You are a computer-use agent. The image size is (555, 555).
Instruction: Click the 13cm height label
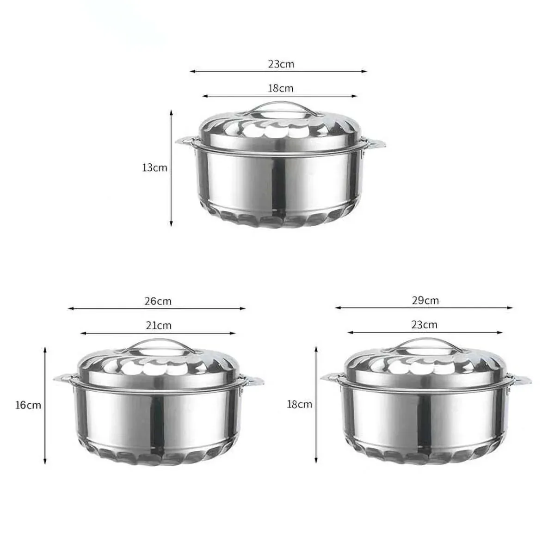click(154, 167)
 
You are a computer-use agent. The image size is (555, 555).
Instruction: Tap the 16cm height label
click(28, 405)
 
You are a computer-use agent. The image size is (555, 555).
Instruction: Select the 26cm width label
click(158, 301)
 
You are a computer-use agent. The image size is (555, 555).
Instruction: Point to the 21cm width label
click(159, 326)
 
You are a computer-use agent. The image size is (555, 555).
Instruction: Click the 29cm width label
click(425, 301)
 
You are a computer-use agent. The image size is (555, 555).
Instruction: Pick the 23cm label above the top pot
click(281, 64)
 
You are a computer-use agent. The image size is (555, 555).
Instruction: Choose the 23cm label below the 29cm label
click(425, 325)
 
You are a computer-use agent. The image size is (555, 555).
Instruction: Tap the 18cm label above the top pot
click(281, 88)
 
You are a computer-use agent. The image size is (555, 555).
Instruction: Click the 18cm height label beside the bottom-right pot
click(300, 404)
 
